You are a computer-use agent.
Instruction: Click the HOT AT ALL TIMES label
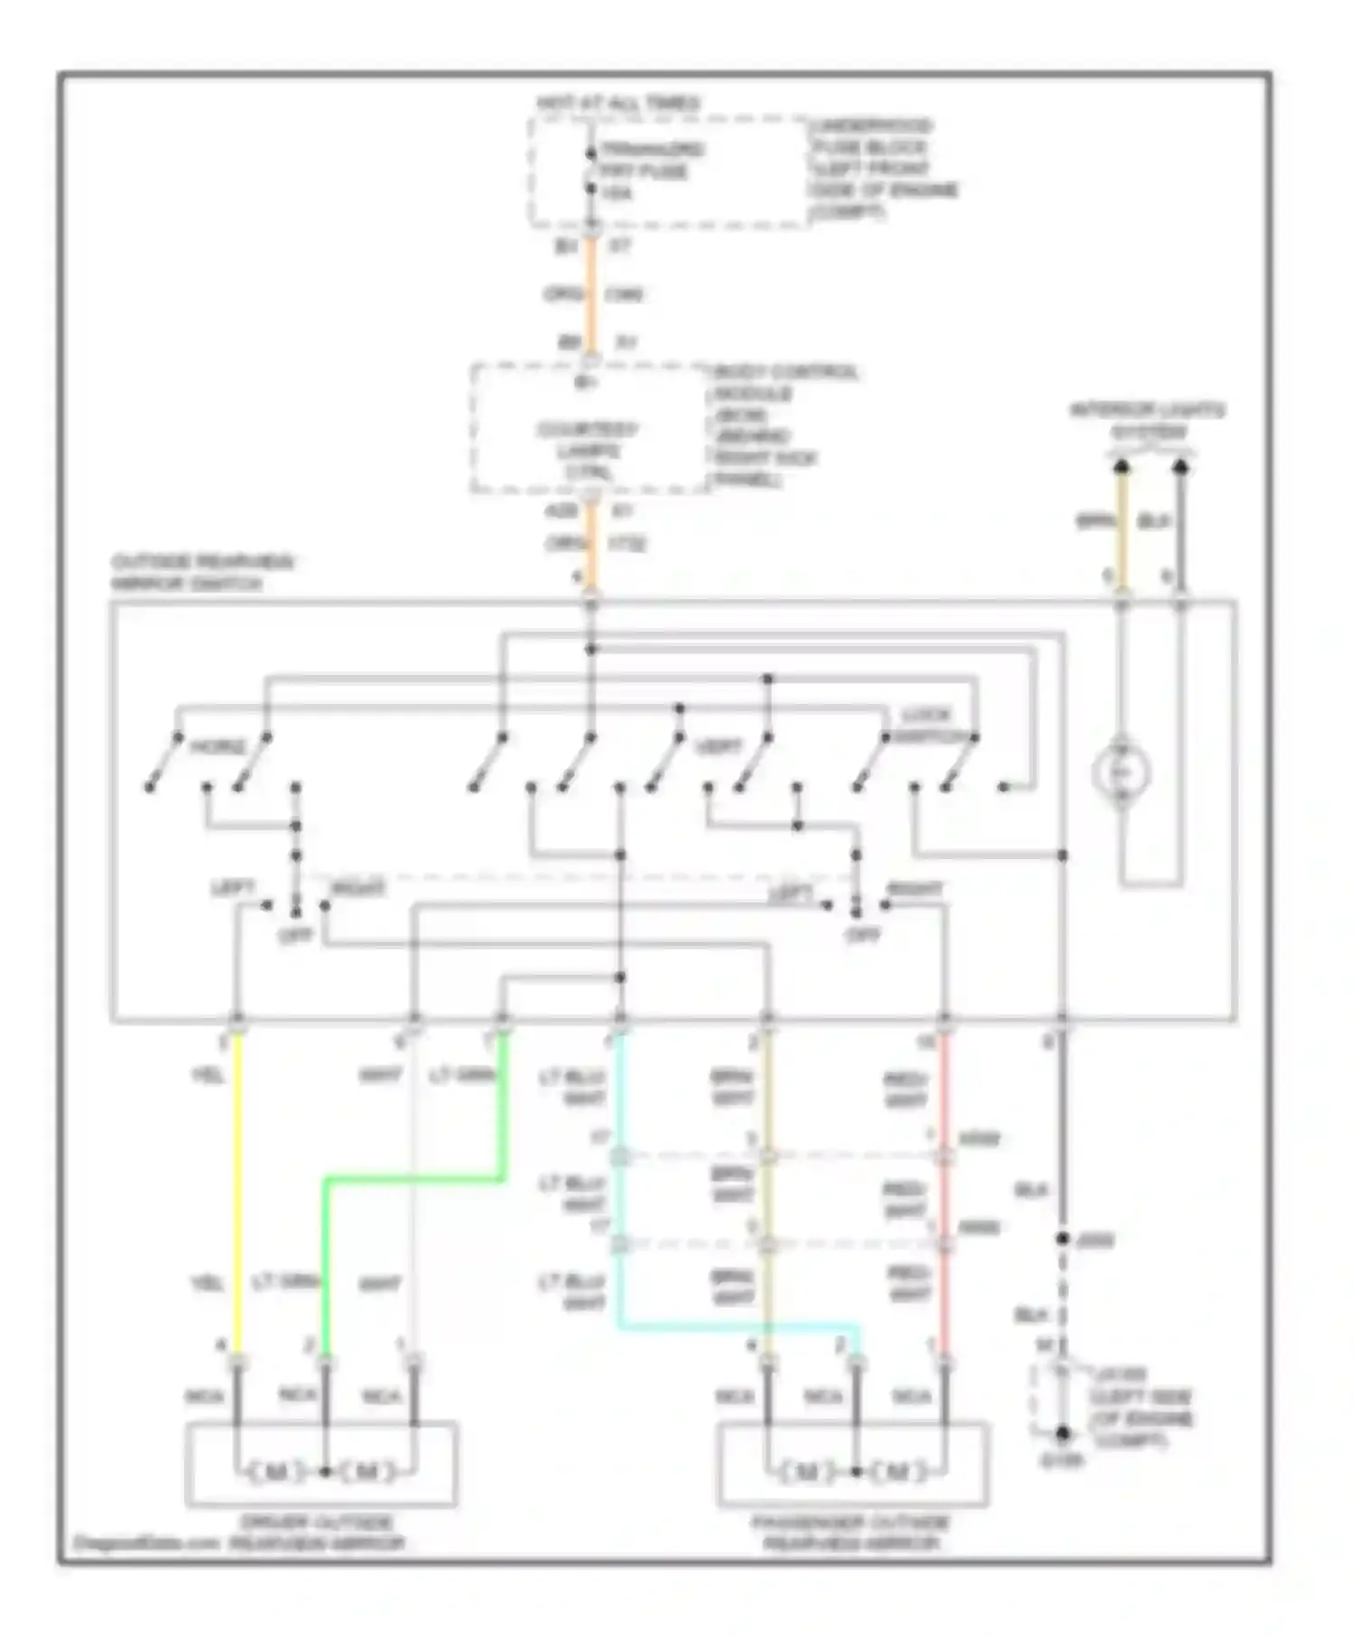pyautogui.click(x=618, y=104)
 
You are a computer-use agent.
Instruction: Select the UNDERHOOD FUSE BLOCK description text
pyautogui.click(x=882, y=169)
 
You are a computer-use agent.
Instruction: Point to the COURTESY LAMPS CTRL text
pyautogui.click(x=589, y=449)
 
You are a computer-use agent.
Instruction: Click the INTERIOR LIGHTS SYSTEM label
pyautogui.click(x=1147, y=421)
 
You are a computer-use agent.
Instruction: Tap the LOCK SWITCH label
pyautogui.click(x=927, y=726)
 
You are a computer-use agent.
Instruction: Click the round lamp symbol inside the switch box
pyautogui.click(x=1120, y=772)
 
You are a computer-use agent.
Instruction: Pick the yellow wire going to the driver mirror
pyautogui.click(x=237, y=1191)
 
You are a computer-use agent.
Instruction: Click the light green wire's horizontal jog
pyautogui.click(x=413, y=1178)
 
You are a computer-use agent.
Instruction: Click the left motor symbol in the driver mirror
pyautogui.click(x=277, y=1472)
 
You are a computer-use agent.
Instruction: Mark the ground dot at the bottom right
pyautogui.click(x=1062, y=1432)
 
